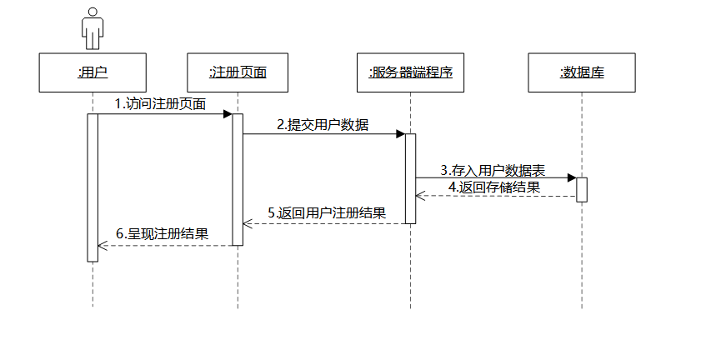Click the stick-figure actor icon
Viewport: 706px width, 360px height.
point(92,28)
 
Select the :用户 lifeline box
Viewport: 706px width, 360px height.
point(93,72)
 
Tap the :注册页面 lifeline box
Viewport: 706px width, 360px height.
point(238,72)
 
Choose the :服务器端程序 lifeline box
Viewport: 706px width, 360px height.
point(410,72)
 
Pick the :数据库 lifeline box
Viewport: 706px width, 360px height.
point(582,72)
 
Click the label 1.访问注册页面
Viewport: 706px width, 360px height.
point(161,103)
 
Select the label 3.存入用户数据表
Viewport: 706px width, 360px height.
point(493,169)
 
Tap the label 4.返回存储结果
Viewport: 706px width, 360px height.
point(493,187)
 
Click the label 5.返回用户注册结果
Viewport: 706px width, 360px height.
point(327,213)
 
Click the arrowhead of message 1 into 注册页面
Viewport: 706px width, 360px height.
point(228,114)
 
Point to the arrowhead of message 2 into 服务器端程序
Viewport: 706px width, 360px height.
point(400,133)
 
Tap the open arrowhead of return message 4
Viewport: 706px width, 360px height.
point(420,197)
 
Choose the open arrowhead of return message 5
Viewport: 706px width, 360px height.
point(248,223)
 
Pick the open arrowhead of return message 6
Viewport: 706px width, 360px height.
point(103,245)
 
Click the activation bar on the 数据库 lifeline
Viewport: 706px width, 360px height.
point(582,189)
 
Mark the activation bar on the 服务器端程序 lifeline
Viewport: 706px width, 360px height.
point(410,178)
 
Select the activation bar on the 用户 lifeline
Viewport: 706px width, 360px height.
point(93,187)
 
